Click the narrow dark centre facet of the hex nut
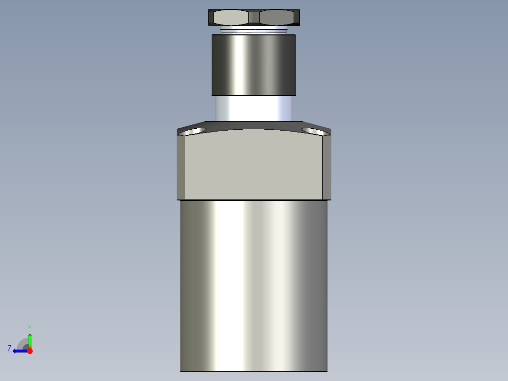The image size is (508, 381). coord(254,17)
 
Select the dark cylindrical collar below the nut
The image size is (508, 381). coord(254,65)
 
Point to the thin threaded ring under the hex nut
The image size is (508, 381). coord(254,31)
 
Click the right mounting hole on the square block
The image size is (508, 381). coord(314,131)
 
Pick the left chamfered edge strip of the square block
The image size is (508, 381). coord(181,167)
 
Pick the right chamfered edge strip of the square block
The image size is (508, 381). coord(327,167)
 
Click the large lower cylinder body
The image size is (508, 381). coord(254,283)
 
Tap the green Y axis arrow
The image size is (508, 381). coord(30,340)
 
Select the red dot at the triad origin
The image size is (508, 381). coord(30,351)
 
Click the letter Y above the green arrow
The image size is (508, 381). coord(29,327)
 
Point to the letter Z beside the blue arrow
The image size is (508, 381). coord(9,348)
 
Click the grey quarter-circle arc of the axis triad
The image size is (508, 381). coord(22,343)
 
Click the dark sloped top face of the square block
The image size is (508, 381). coord(254,126)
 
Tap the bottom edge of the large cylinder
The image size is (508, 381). coord(254,371)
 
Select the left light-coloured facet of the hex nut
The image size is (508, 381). coord(229,17)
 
